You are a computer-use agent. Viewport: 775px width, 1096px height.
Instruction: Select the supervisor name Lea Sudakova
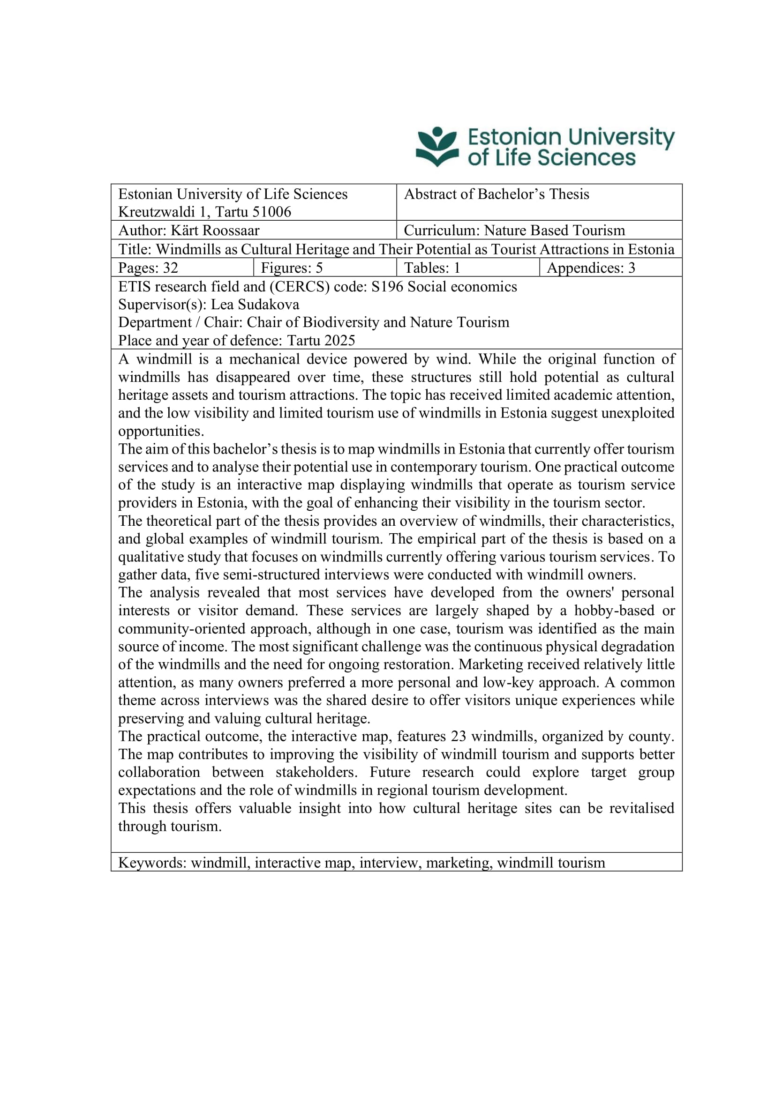(x=255, y=305)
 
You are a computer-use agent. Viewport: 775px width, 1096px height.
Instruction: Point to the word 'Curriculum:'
(x=442, y=231)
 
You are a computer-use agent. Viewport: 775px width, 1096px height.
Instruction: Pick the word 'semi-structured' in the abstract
(x=248, y=575)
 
